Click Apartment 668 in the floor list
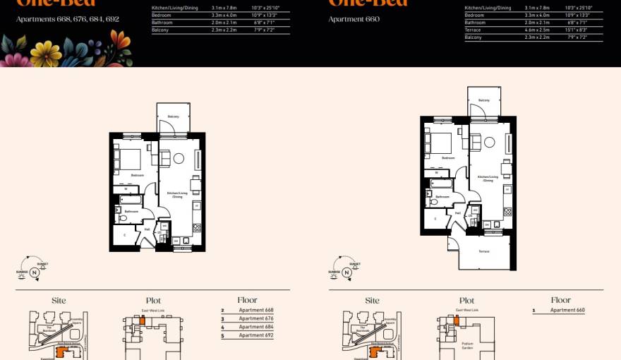click(255, 311)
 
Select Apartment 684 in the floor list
click(255, 328)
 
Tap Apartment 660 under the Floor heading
click(567, 311)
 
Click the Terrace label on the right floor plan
click(484, 251)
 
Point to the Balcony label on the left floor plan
click(173, 116)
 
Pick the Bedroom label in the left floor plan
click(137, 175)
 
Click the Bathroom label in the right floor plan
click(442, 197)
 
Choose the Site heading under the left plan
click(59, 301)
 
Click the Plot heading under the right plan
click(466, 301)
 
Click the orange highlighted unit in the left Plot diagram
click(142, 320)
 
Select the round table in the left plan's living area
click(179, 159)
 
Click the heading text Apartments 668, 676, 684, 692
click(68, 19)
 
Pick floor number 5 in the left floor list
click(222, 336)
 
